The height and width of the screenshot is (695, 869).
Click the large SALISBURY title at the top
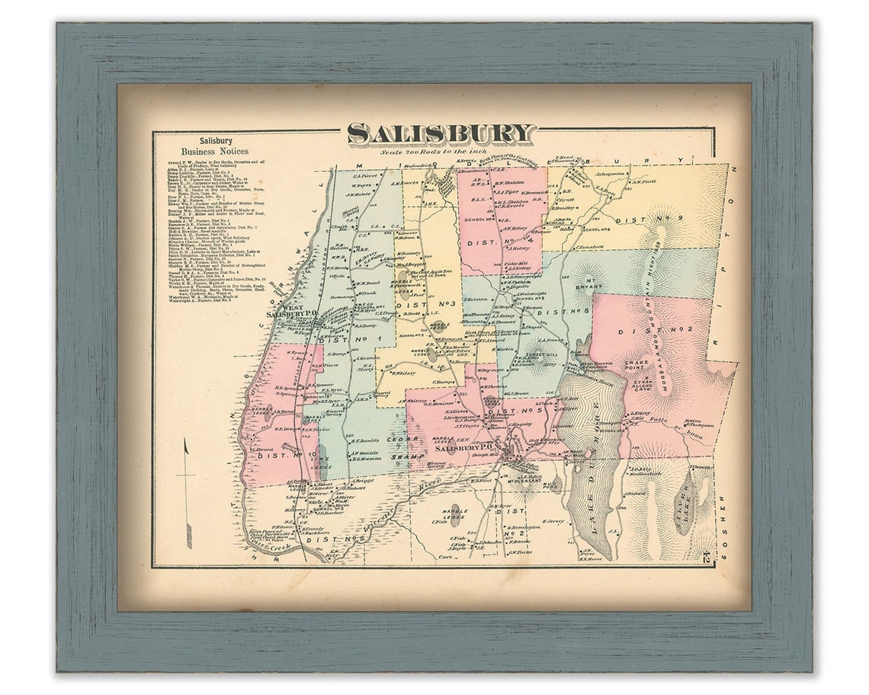tap(441, 134)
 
